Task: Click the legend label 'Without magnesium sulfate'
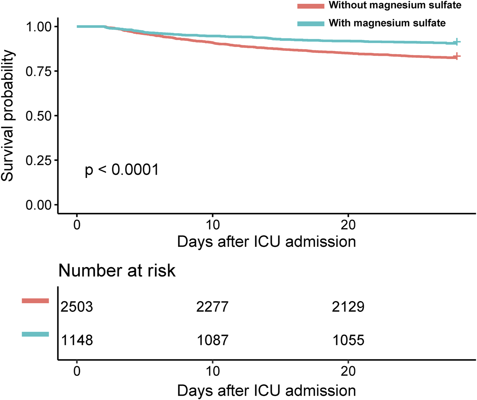[x=395, y=5]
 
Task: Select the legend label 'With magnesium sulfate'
[x=387, y=23]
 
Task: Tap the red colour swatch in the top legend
[x=310, y=6]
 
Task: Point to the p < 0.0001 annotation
[x=122, y=170]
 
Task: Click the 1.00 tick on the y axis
[x=39, y=27]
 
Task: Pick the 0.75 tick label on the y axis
[x=39, y=71]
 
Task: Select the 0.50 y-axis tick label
[x=39, y=116]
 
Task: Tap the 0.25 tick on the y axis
[x=39, y=160]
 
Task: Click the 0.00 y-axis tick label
[x=39, y=205]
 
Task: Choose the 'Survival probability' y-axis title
[x=8, y=116]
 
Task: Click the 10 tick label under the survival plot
[x=213, y=225]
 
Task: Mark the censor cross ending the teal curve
[x=456, y=42]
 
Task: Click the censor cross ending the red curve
[x=456, y=57]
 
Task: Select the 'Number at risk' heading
[x=117, y=271]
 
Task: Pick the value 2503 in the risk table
[x=77, y=307]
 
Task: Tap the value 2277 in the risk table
[x=212, y=307]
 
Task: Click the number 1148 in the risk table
[x=77, y=340]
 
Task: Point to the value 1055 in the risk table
[x=348, y=340]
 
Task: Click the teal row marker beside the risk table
[x=35, y=334]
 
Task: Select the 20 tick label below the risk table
[x=348, y=371]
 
